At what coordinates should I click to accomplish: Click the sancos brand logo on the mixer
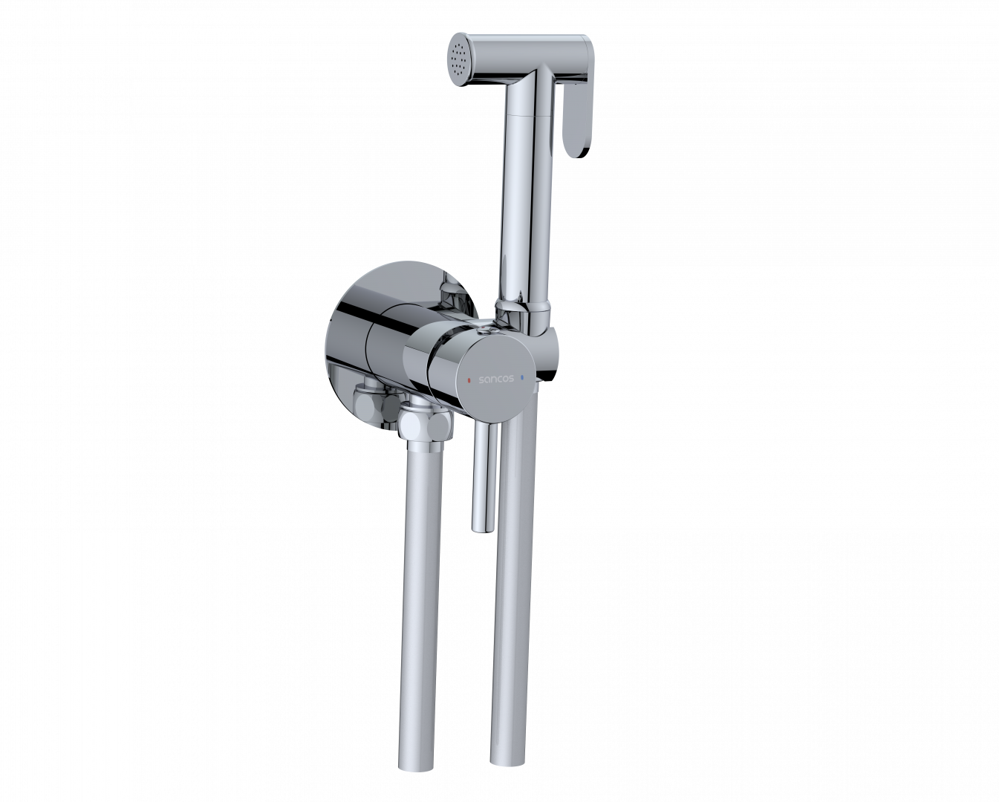click(x=496, y=379)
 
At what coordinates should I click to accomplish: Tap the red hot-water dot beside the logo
click(x=469, y=379)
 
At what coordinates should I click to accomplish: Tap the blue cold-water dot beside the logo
click(x=523, y=377)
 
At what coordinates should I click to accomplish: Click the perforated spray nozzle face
click(x=460, y=59)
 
